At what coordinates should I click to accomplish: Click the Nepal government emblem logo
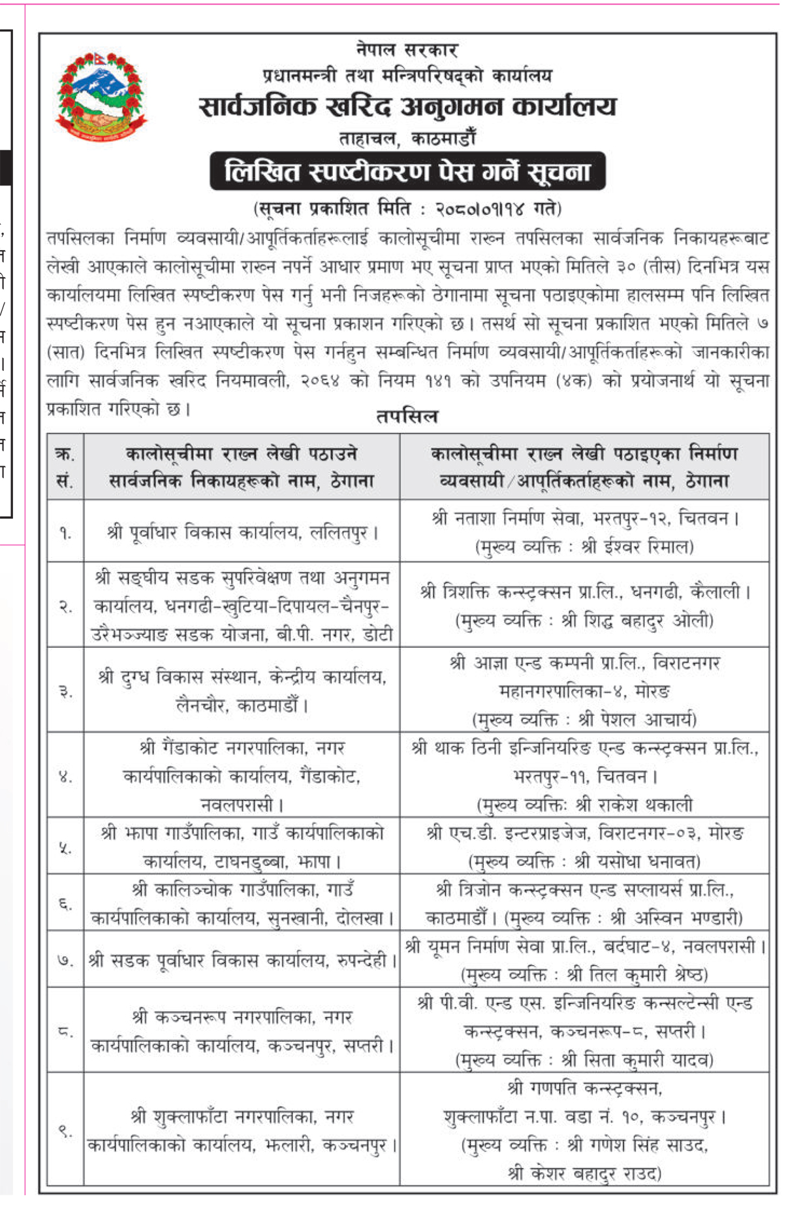tap(101, 96)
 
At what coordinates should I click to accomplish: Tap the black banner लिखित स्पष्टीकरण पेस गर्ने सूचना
tap(407, 172)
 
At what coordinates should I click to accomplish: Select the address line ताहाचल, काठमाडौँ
tap(407, 138)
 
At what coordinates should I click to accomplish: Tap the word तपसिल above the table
tap(407, 416)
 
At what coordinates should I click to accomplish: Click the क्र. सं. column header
tap(65, 467)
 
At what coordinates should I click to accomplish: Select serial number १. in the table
tap(65, 533)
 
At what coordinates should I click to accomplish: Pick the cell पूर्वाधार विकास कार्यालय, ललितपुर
tap(242, 532)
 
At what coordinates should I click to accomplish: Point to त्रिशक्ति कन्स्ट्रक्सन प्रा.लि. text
tap(516, 592)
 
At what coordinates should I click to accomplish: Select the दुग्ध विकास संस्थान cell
tap(242, 691)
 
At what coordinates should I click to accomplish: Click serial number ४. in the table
tap(65, 777)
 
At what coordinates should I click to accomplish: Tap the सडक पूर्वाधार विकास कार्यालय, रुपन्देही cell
tap(242, 961)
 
